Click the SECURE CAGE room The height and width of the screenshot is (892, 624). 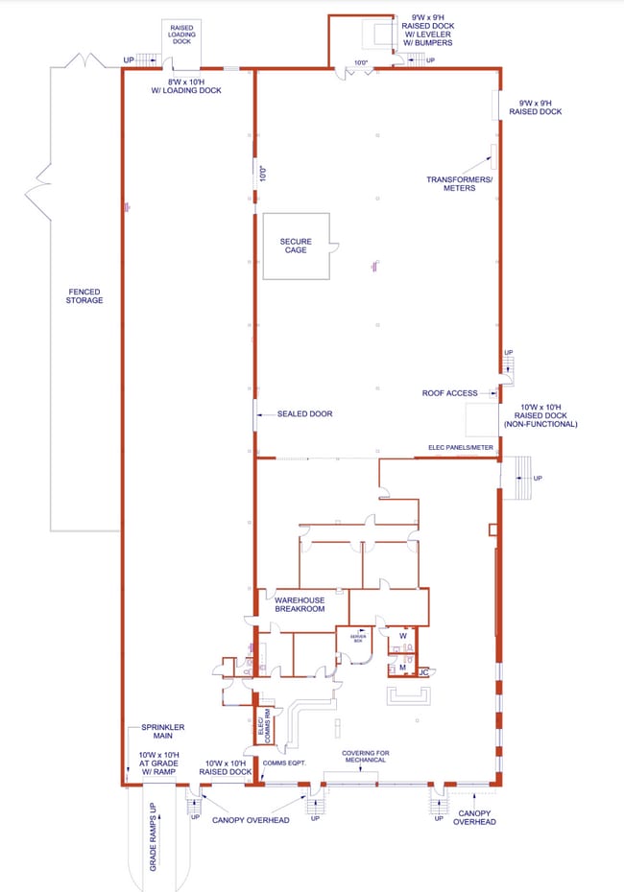tap(297, 246)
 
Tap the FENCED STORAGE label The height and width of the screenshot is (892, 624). tap(84, 296)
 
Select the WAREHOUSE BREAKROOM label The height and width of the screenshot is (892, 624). tap(299, 603)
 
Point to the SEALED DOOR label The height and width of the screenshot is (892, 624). tap(304, 414)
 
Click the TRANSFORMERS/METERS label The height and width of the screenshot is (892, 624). tap(460, 183)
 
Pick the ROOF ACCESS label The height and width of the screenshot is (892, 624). tap(450, 392)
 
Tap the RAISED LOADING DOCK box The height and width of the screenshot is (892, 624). tap(182, 35)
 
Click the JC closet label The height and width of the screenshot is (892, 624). tap(423, 672)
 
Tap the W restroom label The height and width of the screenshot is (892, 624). tap(403, 635)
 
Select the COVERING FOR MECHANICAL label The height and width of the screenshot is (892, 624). tap(366, 758)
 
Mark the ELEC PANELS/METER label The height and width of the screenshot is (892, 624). tap(461, 447)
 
